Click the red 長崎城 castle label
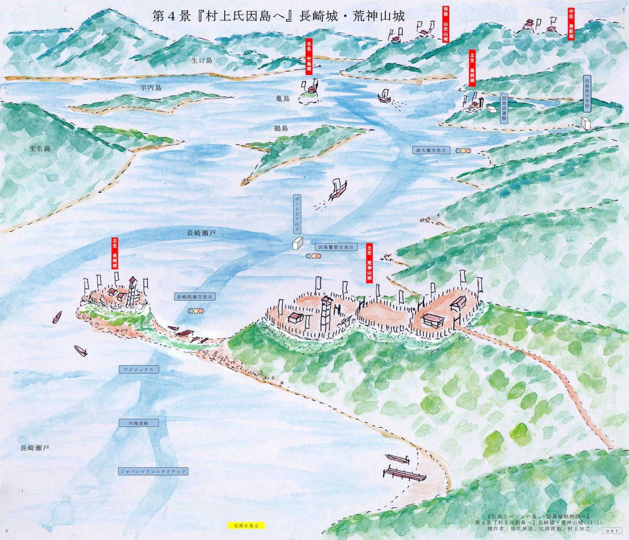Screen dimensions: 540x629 (x=115, y=253)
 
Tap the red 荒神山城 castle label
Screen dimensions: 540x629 (x=369, y=264)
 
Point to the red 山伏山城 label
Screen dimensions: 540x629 (x=446, y=25)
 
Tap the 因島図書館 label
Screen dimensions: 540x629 (x=504, y=109)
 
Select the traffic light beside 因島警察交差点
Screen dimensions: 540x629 (x=313, y=257)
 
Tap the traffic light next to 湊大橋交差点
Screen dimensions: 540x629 (x=463, y=151)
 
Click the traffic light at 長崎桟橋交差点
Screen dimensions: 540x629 (x=196, y=311)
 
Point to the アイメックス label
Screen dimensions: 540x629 (x=138, y=369)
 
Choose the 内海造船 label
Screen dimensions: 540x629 (x=139, y=422)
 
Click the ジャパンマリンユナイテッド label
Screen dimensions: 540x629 (x=153, y=471)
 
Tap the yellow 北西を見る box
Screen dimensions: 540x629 (x=246, y=525)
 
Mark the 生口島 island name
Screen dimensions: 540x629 (x=201, y=61)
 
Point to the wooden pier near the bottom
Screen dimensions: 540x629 (x=404, y=474)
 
